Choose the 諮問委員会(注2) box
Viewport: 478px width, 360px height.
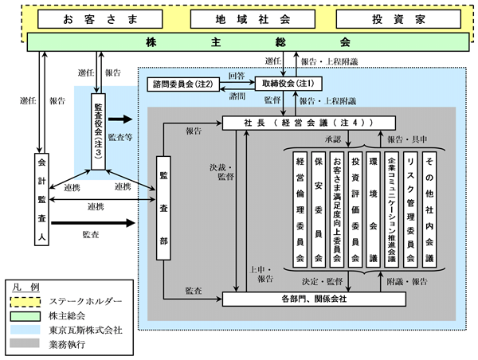point(185,83)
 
